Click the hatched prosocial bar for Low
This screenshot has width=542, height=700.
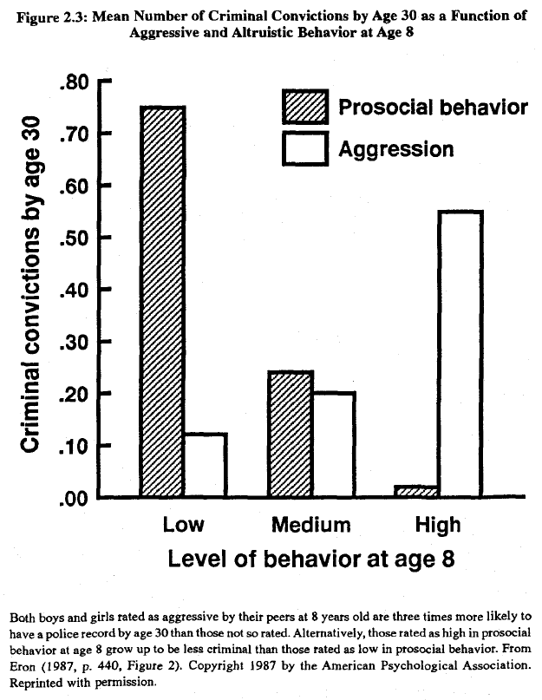point(163,301)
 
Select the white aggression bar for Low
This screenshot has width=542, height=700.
point(206,465)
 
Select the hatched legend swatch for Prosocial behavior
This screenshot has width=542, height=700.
point(304,107)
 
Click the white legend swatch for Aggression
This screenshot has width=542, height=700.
point(304,148)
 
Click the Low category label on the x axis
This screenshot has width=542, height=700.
point(184,525)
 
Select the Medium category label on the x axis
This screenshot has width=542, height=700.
point(311,525)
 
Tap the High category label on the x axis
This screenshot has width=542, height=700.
point(438,525)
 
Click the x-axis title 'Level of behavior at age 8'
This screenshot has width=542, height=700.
point(312,560)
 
